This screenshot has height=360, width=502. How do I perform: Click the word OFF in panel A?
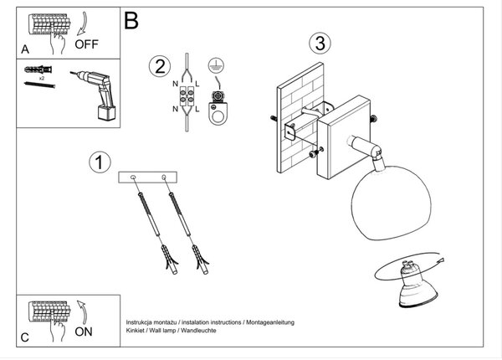pos(86,44)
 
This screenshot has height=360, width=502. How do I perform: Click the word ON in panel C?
pos(84,332)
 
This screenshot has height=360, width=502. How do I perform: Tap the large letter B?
pos(131,20)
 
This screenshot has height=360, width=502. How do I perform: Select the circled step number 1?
pos(100,162)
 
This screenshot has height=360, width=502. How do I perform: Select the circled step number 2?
pos(160,66)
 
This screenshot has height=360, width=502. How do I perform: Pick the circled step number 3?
pos(320,44)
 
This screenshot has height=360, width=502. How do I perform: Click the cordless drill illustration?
pos(95,95)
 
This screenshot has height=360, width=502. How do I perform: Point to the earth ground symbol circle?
pos(216,66)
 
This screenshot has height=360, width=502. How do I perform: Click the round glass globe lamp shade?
pos(392,203)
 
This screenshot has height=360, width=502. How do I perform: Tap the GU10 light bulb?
pos(417,285)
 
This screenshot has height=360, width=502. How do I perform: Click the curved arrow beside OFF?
pos(83,23)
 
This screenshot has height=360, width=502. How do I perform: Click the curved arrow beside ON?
pos(83,312)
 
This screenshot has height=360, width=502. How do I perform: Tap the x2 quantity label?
pos(42,78)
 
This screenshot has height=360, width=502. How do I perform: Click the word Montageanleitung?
pos(270,322)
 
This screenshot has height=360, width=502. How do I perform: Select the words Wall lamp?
pos(162,331)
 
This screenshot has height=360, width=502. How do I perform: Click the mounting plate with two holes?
pos(147,177)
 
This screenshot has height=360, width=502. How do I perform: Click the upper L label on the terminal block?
pos(197,85)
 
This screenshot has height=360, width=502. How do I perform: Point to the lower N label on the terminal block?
pos(175,109)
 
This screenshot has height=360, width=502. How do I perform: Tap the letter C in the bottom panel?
pos(24,337)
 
